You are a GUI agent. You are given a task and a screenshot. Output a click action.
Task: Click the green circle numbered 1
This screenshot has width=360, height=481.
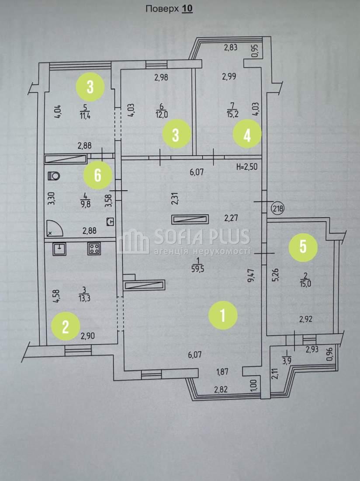click(223, 315)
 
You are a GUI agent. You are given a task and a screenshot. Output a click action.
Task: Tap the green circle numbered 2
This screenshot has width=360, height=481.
click(66, 327)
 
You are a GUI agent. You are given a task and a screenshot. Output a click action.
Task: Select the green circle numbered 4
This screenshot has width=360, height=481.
click(247, 134)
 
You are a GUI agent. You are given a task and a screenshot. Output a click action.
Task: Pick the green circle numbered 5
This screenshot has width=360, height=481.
click(303, 246)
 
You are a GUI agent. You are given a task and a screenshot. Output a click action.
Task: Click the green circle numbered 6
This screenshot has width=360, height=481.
click(97, 175)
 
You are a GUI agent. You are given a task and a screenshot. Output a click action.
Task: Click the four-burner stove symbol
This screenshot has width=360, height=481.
click(94, 248)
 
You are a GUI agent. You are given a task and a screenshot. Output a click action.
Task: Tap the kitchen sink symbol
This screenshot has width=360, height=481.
click(59, 248)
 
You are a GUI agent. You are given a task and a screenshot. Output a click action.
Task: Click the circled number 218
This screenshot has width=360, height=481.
click(278, 209)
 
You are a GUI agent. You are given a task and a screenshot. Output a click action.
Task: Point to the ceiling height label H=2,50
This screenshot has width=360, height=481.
click(247, 167)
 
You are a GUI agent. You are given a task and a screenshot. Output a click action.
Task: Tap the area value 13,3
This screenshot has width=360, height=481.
click(84, 298)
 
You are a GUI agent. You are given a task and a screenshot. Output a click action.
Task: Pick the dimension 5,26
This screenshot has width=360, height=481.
click(276, 275)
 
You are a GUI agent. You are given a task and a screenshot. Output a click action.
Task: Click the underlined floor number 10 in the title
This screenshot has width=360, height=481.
click(187, 9)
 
